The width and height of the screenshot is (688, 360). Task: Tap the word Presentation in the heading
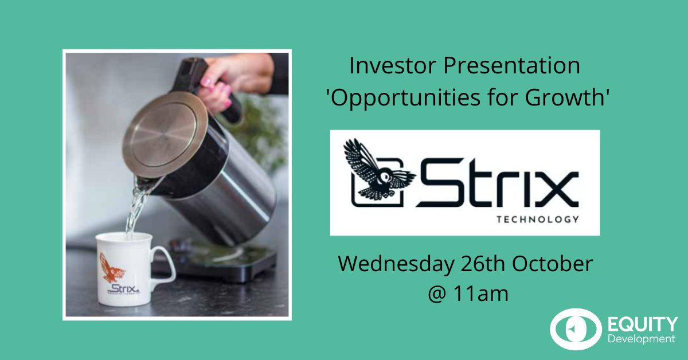511,65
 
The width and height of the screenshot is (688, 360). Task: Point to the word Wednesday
396,264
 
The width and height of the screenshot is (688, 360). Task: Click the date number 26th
483,264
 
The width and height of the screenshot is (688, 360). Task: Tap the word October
552,264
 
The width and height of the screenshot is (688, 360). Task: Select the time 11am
480,294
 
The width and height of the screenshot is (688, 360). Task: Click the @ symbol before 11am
437,295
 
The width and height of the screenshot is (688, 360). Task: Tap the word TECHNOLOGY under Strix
538,220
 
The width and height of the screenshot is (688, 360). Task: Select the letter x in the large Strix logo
556,189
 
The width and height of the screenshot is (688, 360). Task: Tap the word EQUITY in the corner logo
643,324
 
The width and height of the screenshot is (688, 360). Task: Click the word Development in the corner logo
642,339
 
